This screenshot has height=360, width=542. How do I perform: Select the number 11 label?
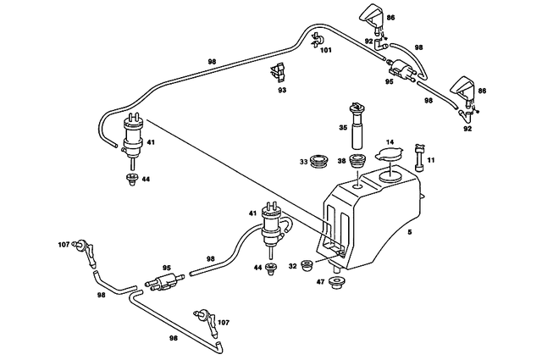tap(431, 159)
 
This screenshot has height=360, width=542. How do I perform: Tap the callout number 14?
tap(390, 142)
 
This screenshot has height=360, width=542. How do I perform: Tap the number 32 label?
tap(292, 266)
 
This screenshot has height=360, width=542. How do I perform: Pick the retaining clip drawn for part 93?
tap(278, 72)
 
